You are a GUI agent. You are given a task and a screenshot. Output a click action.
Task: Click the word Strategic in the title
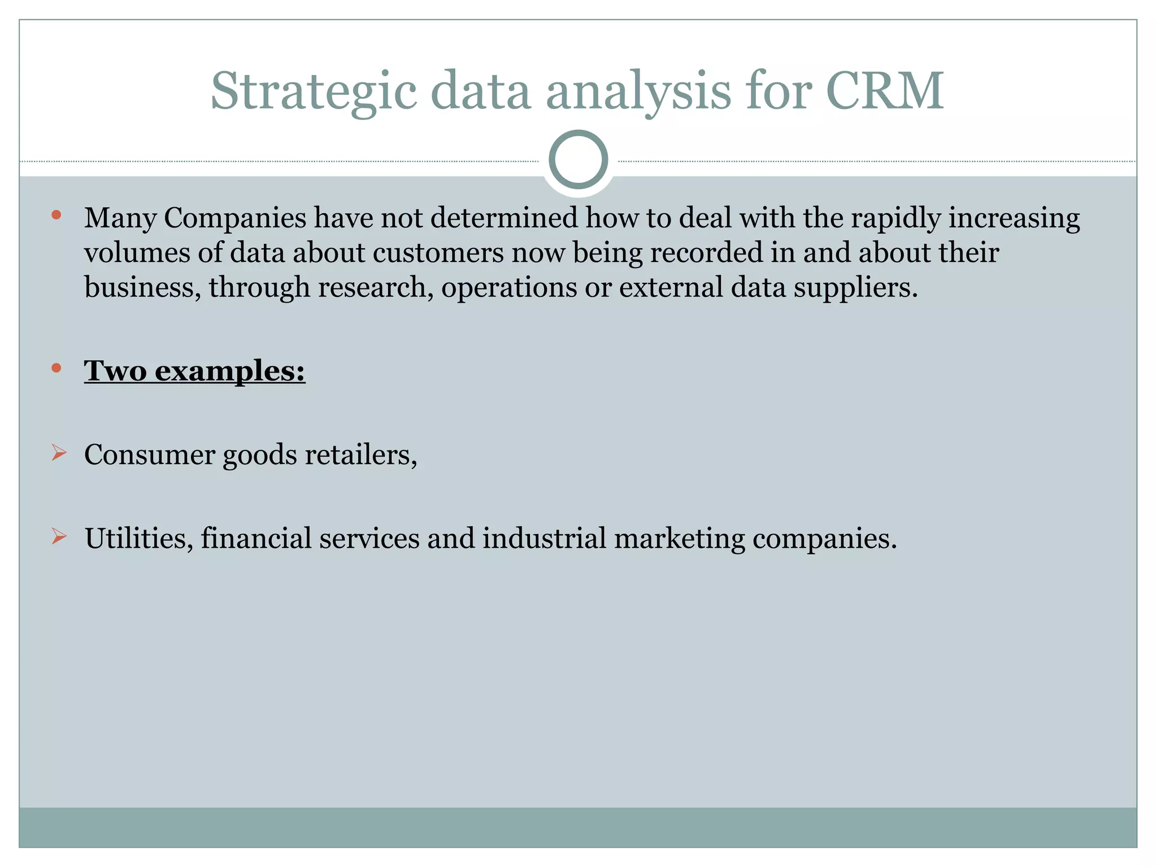[314, 91]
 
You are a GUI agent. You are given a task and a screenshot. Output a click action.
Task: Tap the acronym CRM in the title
[884, 90]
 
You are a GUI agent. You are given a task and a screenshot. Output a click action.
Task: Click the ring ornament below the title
[578, 160]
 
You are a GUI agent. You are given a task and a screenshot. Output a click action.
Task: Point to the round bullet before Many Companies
[56, 214]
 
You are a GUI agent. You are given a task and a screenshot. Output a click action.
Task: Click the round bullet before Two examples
[56, 369]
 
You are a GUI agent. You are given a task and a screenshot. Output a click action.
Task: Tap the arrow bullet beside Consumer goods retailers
[59, 453]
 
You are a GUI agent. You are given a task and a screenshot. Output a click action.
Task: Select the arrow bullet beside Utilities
[59, 536]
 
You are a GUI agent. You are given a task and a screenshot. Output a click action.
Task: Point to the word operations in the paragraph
[509, 288]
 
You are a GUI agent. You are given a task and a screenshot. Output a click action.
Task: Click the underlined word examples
[230, 371]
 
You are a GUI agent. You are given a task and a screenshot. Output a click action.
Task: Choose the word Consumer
[150, 454]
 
